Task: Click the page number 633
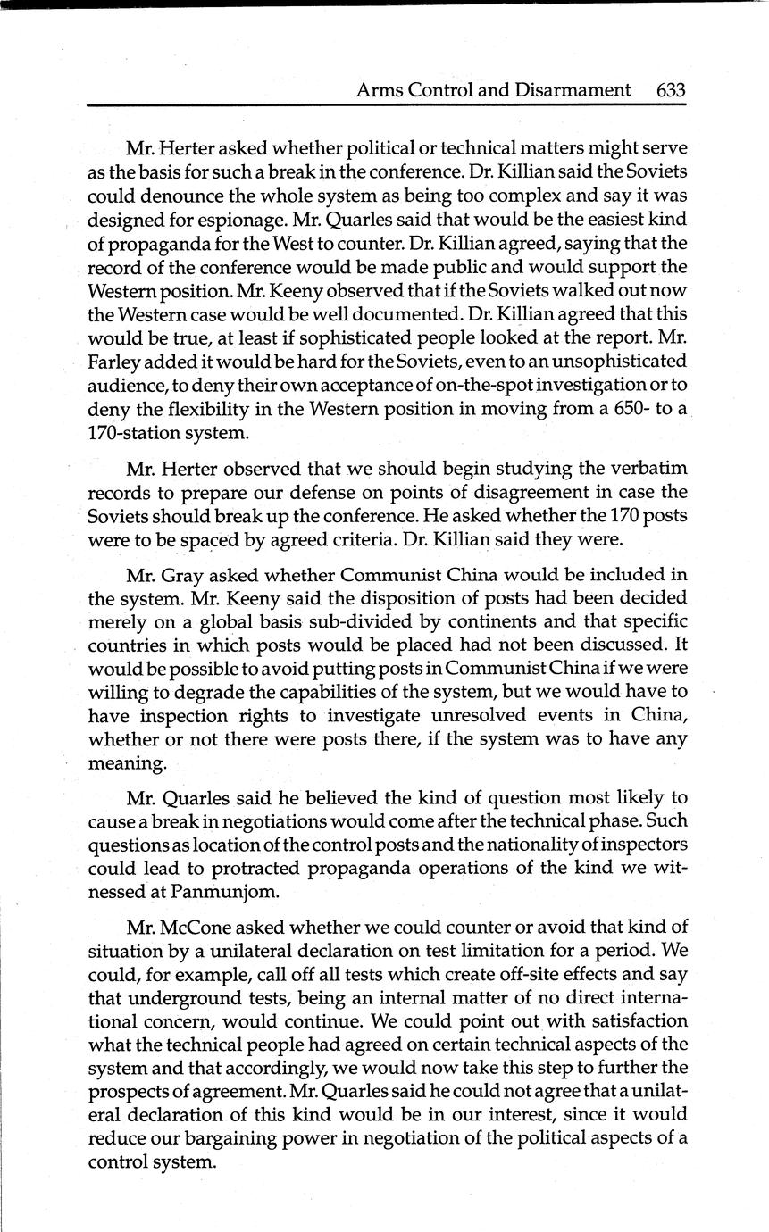[x=670, y=90]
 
